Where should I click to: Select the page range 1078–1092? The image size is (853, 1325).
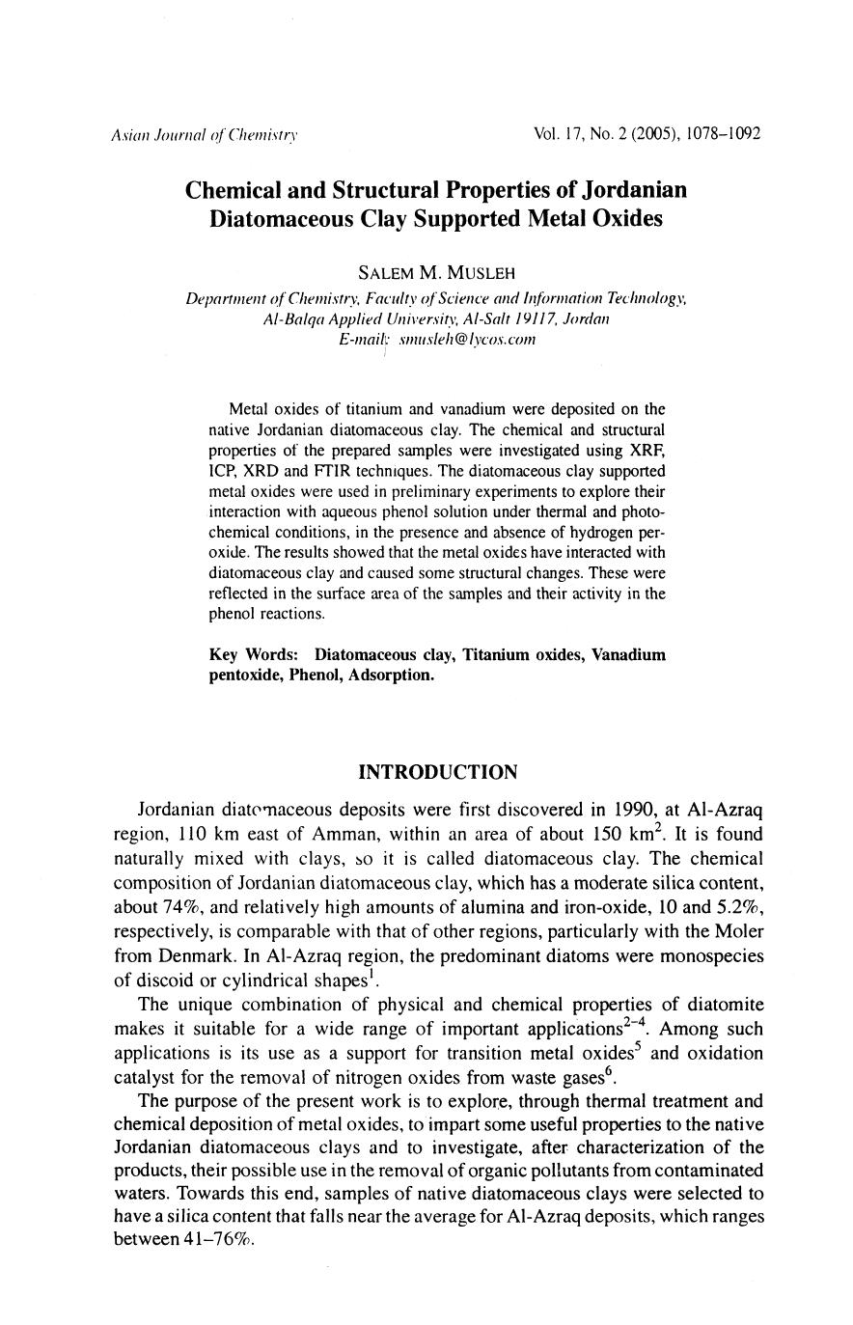coord(724,133)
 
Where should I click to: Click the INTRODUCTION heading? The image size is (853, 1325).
coord(437,772)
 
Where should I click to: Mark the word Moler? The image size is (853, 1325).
coord(738,933)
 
